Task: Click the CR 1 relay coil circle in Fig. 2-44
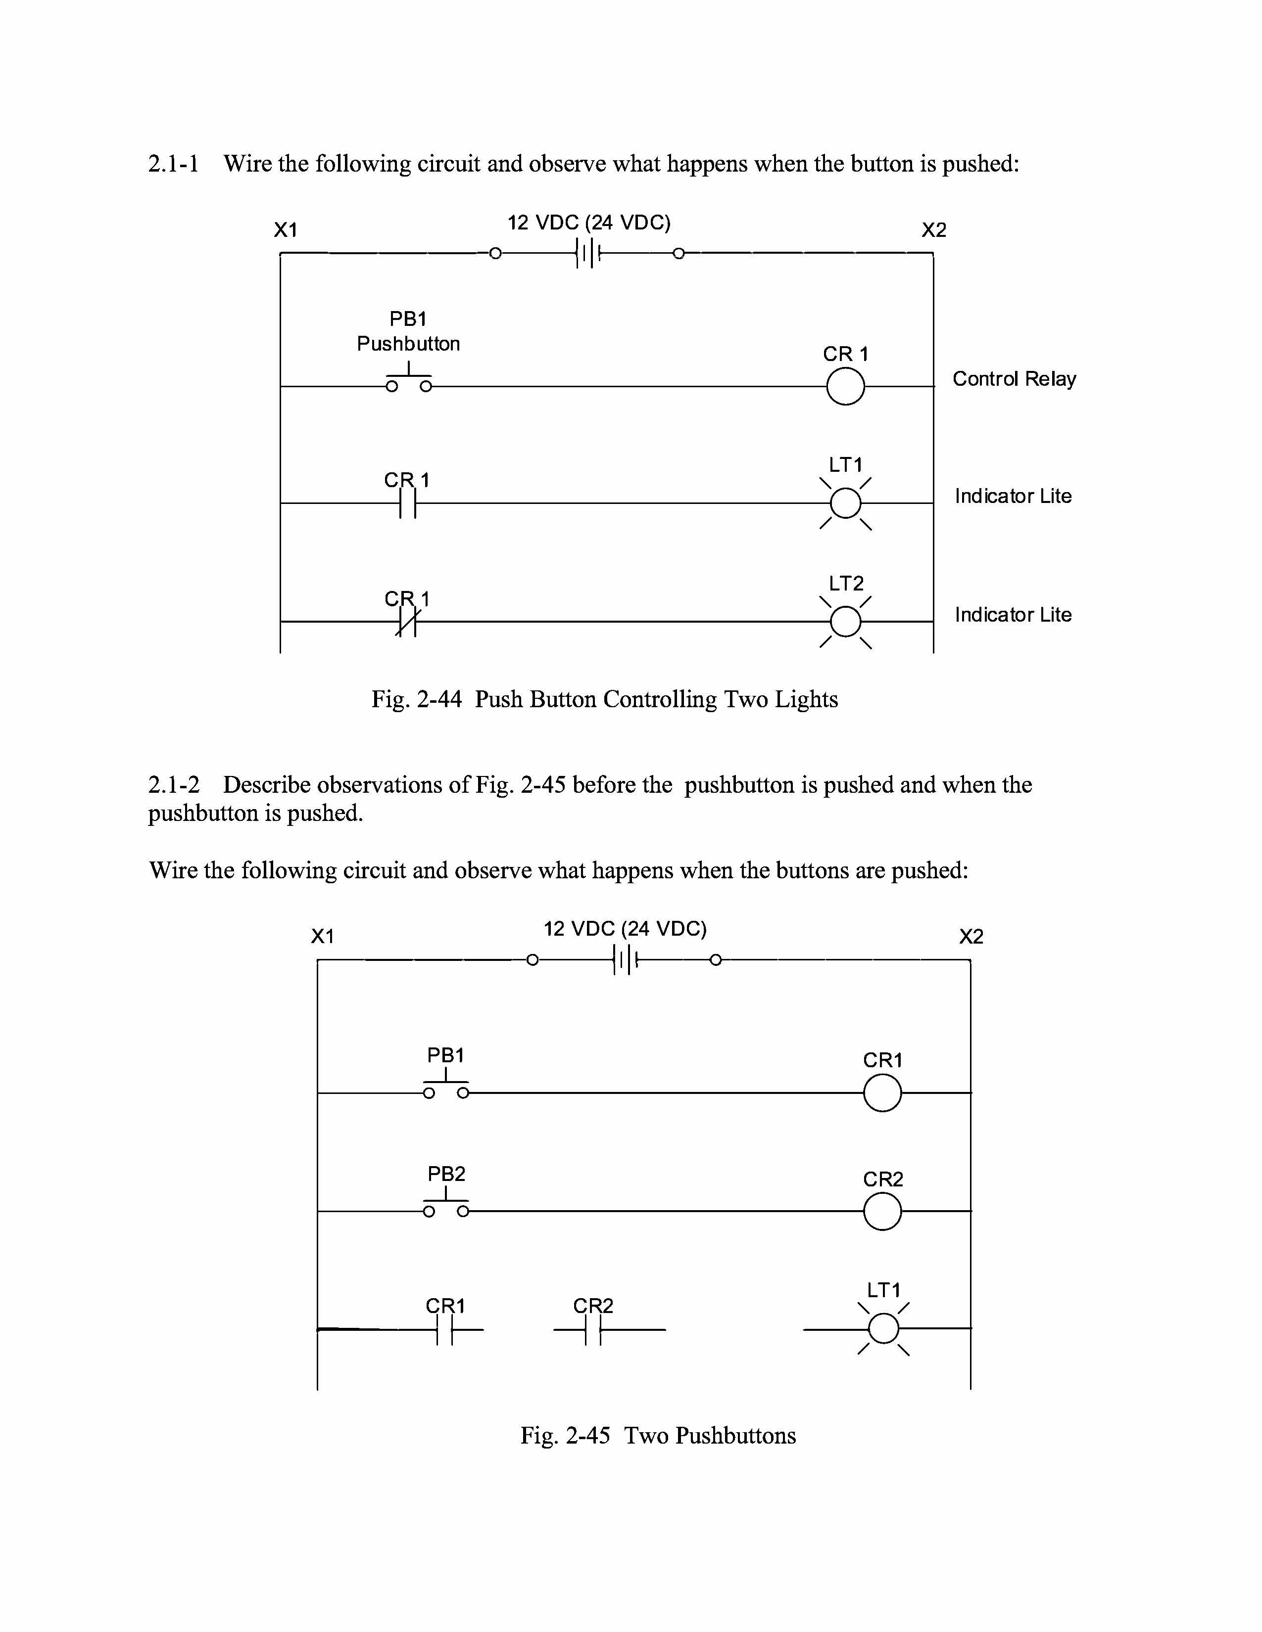pos(846,387)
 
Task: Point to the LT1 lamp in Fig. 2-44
pos(846,503)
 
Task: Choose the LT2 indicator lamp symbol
pos(846,622)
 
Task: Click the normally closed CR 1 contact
pos(407,622)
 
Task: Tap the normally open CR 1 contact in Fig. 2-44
pos(407,503)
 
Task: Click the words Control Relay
pos(1014,379)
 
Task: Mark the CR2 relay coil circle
pos(882,1211)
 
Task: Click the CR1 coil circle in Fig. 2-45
pos(882,1093)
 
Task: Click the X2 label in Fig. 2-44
pos(934,230)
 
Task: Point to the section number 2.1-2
pos(173,785)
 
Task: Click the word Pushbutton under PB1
pos(408,344)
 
